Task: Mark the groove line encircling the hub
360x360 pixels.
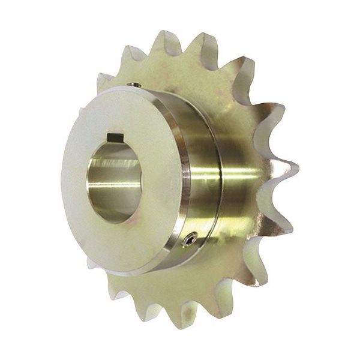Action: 209,180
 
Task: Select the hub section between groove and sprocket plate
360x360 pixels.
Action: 225,186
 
